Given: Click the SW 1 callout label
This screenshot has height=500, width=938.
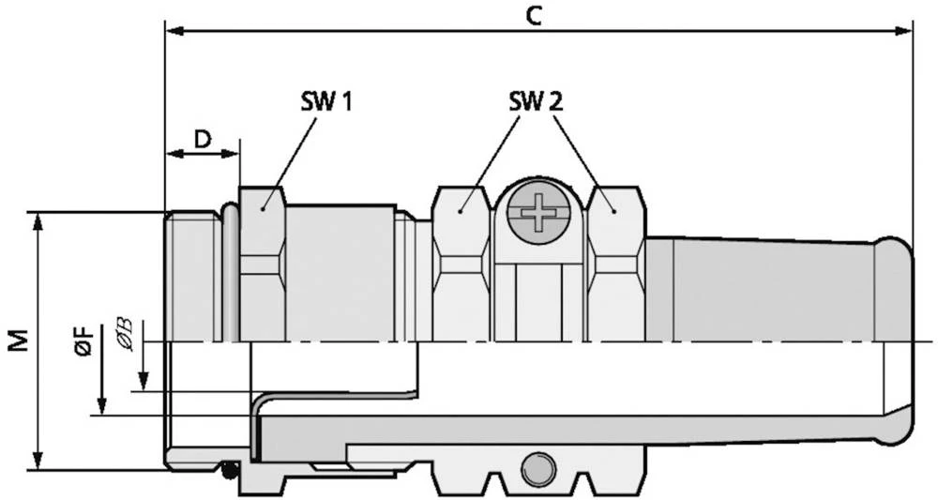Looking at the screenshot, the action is coord(326,103).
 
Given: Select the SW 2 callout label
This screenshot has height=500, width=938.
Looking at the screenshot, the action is coord(536,103).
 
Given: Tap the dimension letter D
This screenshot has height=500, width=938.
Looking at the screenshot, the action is coord(203,139).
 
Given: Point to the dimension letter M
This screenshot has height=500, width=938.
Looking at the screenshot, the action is coord(19,340).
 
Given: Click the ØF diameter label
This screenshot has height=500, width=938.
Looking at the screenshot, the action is coord(83,341).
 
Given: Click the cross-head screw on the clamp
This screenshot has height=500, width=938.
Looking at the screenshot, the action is coord(537,212).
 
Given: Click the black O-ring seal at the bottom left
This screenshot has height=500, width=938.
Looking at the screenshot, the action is coord(229,470).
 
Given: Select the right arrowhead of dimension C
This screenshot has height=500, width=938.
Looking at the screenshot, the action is coord(903,31).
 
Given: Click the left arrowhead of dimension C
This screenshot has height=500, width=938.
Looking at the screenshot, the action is coord(174,31).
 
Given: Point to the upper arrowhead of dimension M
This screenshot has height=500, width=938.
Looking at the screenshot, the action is coord(38,221).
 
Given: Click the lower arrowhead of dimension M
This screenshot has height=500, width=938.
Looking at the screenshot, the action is coord(38,461).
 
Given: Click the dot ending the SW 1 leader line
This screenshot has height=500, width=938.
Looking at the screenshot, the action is coord(263,209).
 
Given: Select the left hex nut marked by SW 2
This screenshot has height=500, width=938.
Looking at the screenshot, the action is coord(461,264).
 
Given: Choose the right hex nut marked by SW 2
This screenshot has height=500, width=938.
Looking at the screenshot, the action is coord(617,264).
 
